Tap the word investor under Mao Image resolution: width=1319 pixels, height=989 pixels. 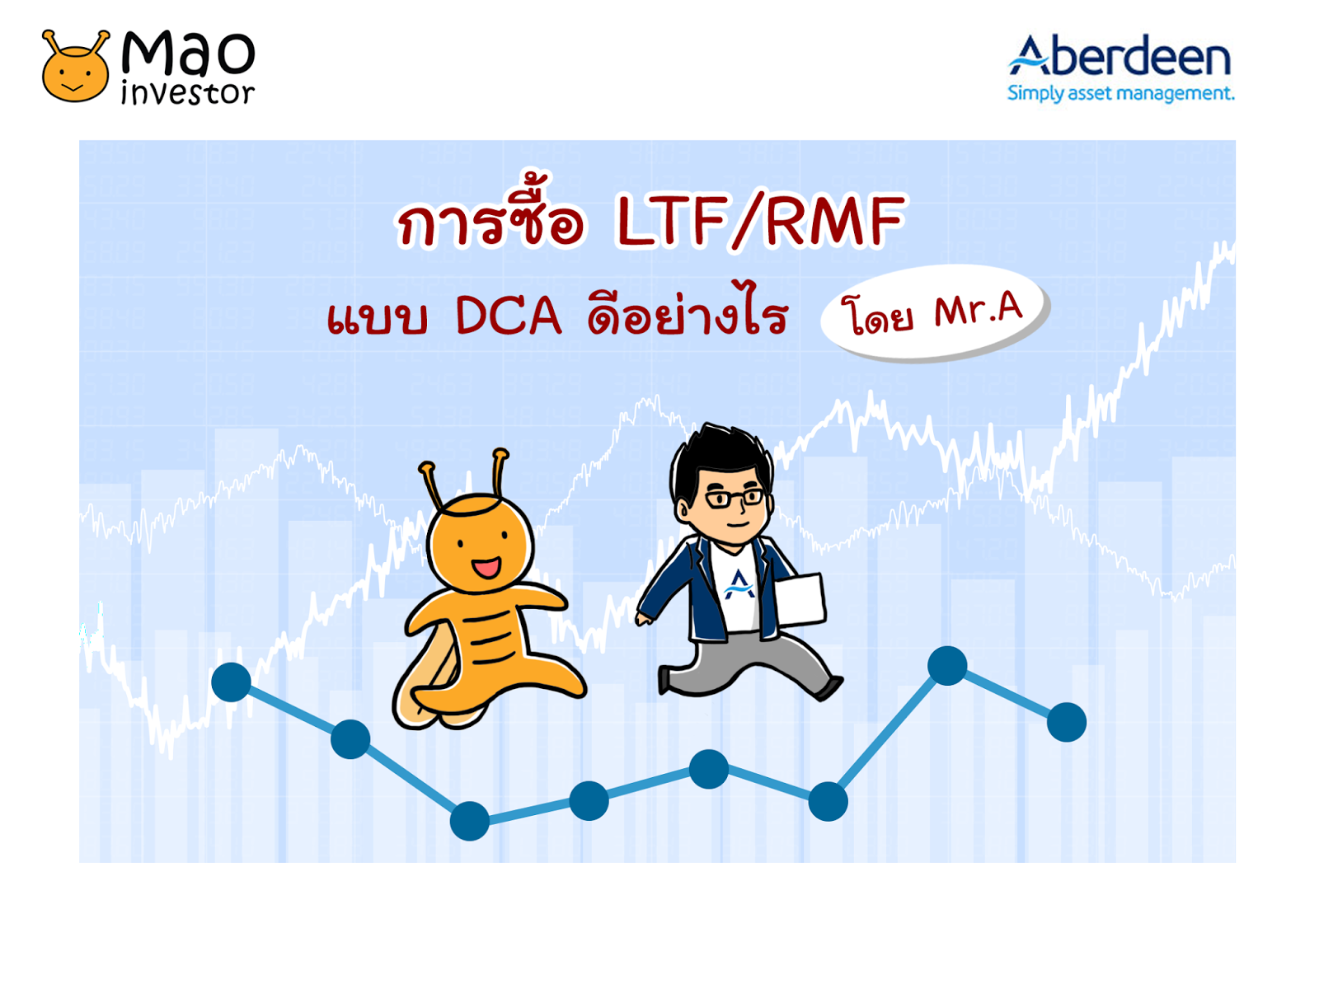(188, 92)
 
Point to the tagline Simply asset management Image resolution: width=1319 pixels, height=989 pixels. (1120, 94)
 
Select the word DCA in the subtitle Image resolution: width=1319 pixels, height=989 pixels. (508, 316)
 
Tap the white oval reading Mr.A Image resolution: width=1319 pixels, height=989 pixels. (934, 312)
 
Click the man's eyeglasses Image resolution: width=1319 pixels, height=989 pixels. (734, 498)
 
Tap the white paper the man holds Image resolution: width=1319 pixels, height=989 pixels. (800, 599)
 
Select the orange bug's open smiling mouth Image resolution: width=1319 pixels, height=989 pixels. (486, 567)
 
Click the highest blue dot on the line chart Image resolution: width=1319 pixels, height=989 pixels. (947, 666)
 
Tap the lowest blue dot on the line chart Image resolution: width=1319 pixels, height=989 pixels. (470, 821)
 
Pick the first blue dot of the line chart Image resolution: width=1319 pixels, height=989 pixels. (232, 682)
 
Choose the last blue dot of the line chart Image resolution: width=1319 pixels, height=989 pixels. (1067, 722)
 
